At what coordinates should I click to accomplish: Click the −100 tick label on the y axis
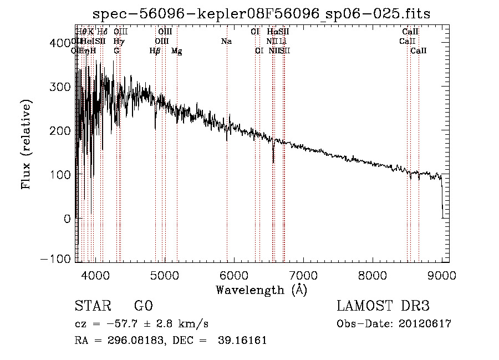click(55, 259)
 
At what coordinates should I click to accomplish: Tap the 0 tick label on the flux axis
click(67, 219)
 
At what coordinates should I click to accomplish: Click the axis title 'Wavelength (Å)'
click(261, 290)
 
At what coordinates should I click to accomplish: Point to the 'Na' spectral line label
click(226, 41)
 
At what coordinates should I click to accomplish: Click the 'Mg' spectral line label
click(177, 51)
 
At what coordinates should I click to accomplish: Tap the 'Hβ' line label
click(155, 51)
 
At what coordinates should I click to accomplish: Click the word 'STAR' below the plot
click(92, 307)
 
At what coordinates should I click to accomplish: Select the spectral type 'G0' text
click(144, 307)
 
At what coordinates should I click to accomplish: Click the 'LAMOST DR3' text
click(383, 307)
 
